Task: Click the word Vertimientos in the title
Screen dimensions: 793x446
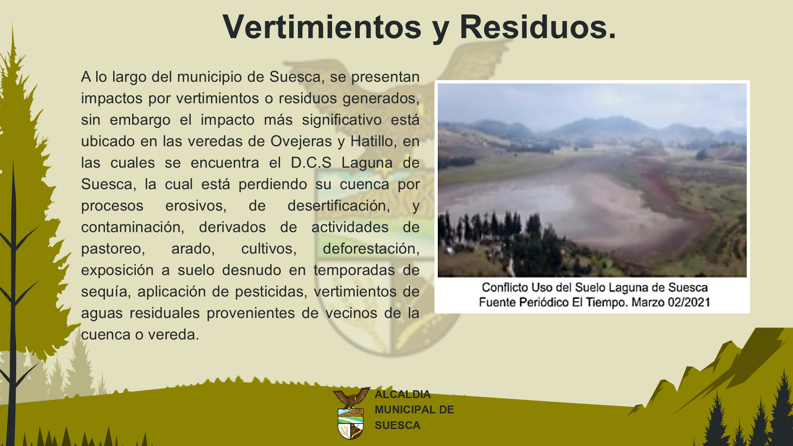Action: point(322,27)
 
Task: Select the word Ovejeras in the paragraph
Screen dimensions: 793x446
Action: point(301,142)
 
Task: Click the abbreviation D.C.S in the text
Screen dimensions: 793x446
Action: point(311,163)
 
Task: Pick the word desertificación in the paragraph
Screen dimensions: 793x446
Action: point(339,206)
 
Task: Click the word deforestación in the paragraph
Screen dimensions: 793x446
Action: point(371,249)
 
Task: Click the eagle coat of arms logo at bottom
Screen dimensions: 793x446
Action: point(351,413)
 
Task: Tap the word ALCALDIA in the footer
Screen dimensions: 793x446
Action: point(403,394)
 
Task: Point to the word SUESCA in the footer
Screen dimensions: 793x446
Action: point(397,425)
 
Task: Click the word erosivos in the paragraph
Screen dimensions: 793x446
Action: point(196,206)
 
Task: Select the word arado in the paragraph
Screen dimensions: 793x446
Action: point(193,249)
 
